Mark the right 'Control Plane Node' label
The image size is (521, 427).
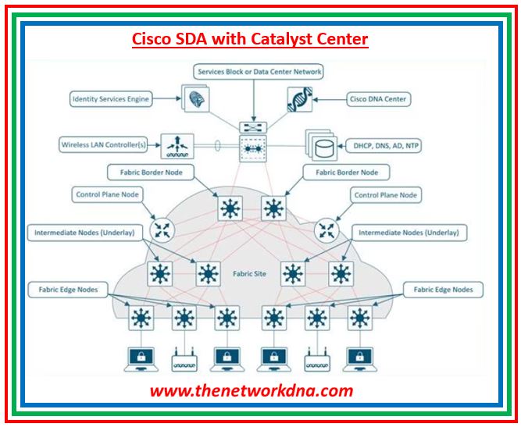click(386, 195)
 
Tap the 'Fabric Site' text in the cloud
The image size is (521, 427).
click(251, 275)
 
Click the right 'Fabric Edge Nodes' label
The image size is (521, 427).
click(444, 290)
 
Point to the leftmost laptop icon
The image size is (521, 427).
click(141, 357)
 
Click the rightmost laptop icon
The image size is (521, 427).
click(359, 357)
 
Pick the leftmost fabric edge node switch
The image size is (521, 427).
click(142, 318)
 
